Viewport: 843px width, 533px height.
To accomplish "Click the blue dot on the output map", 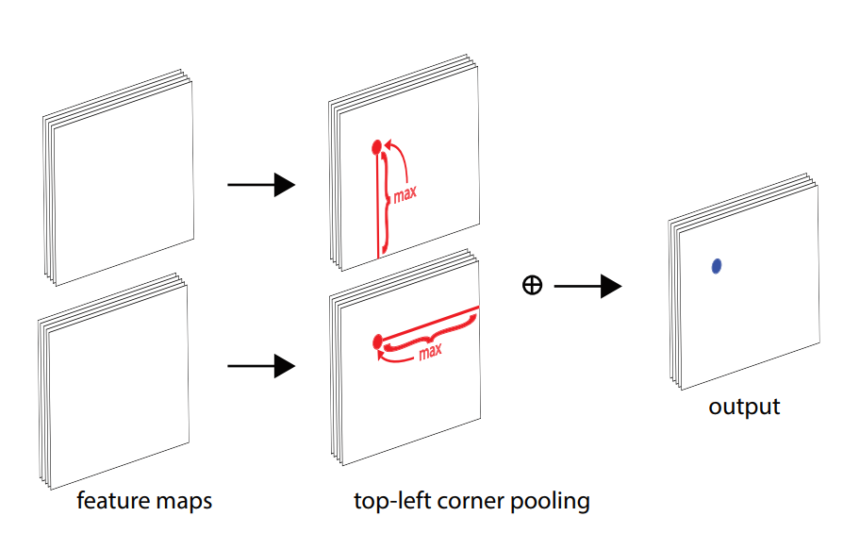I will tap(717, 267).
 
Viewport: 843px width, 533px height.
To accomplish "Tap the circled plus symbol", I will tap(532, 286).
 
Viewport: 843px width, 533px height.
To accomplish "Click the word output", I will tap(744, 408).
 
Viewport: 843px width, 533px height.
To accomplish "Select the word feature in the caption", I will tap(112, 500).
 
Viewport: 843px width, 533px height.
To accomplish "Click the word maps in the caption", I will tap(183, 501).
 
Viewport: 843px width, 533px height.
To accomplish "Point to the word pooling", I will tap(550, 500).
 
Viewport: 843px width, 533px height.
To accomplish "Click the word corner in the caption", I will tap(468, 500).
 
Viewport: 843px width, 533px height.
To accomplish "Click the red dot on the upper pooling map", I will tap(377, 146).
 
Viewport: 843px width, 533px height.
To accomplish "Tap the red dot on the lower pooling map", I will tap(377, 340).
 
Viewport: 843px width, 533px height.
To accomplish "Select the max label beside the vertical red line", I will tap(405, 193).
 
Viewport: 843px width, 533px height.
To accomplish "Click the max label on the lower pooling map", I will tap(430, 352).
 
